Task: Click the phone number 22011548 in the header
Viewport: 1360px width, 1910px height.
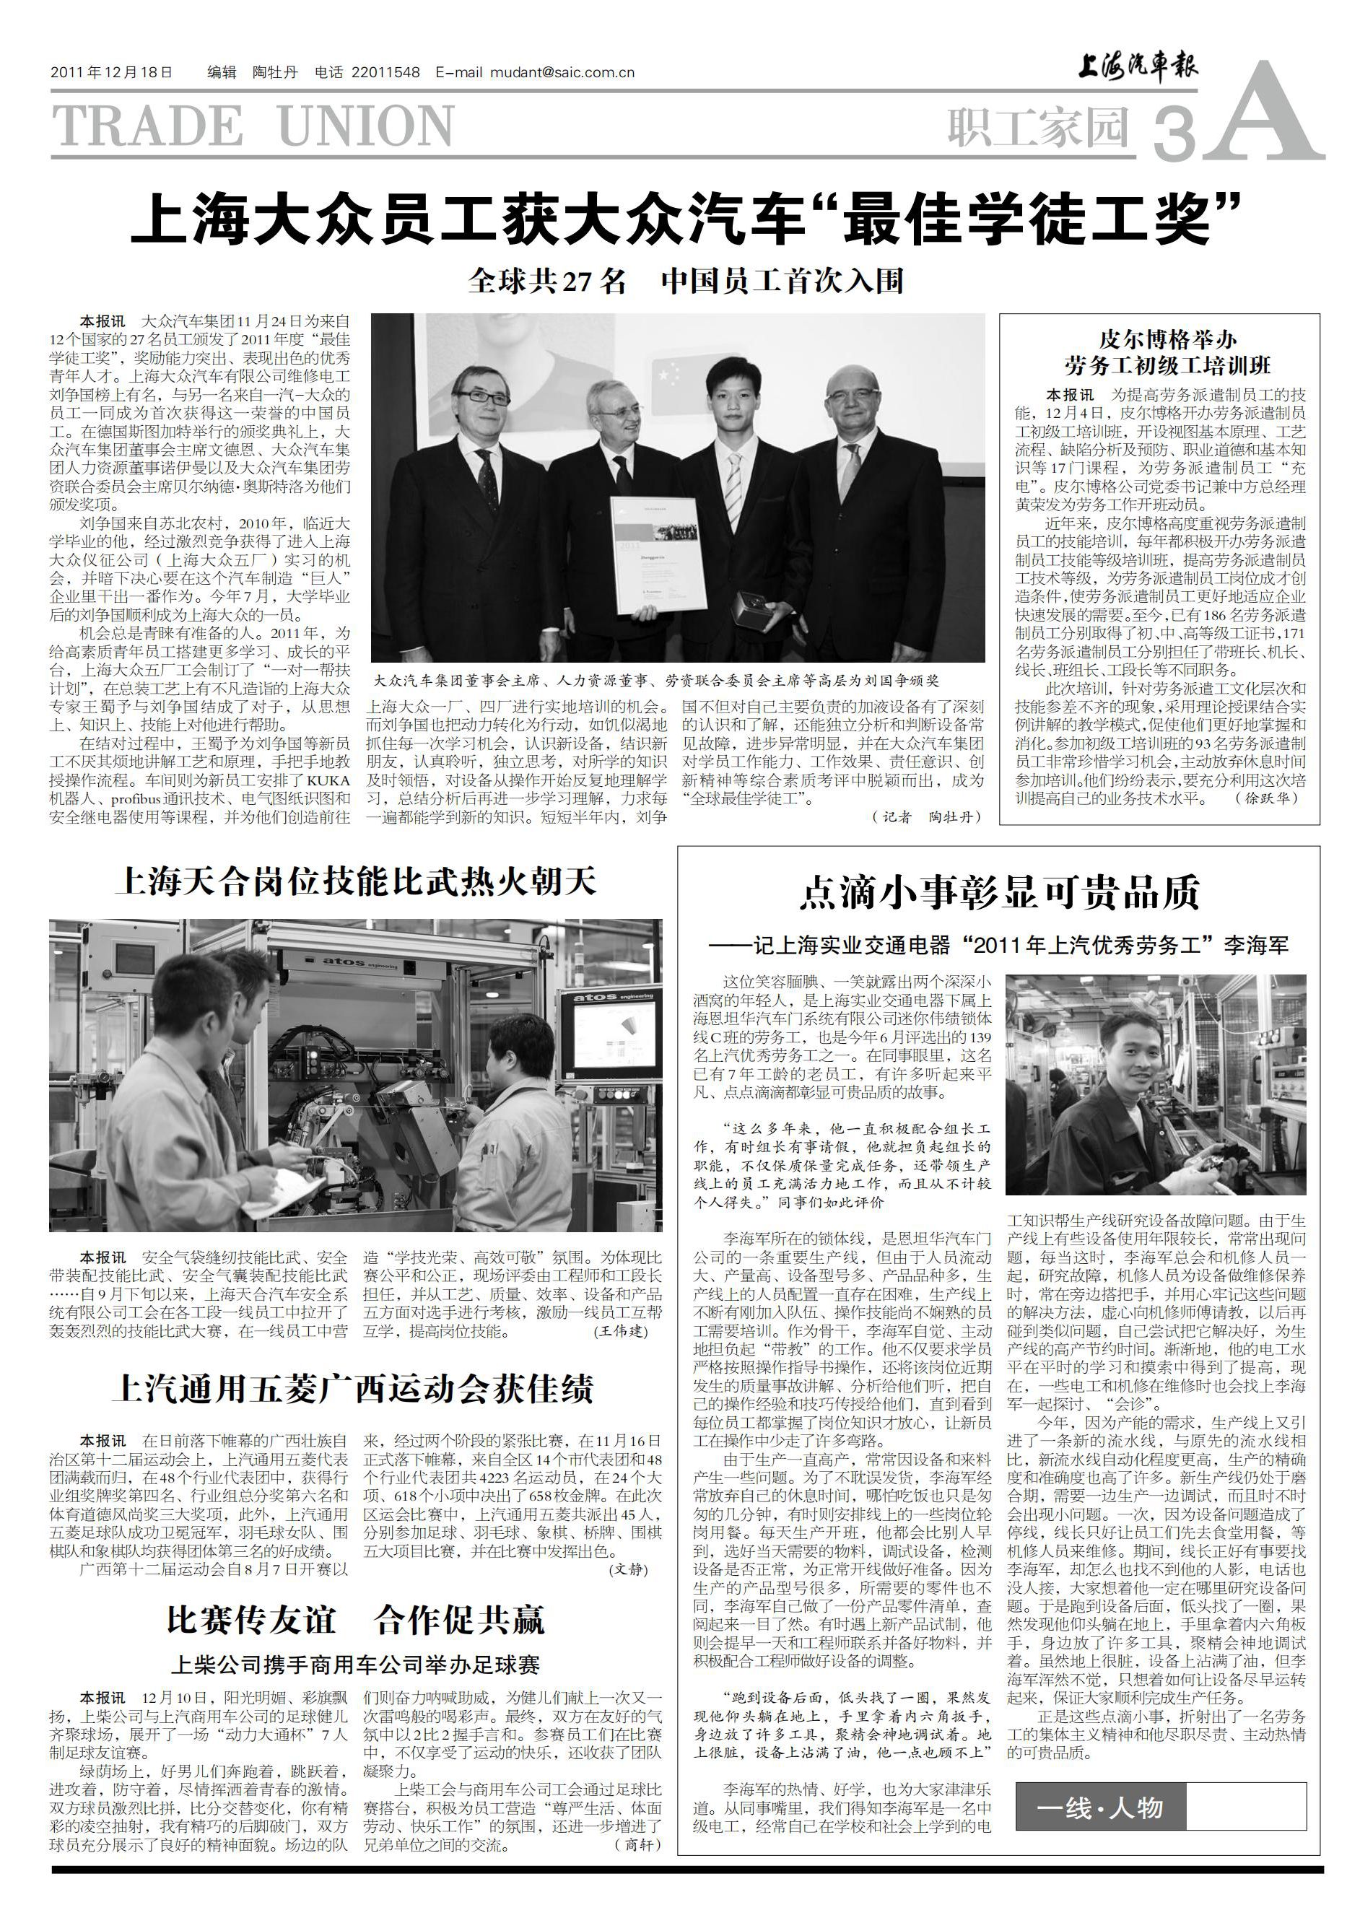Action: click(388, 73)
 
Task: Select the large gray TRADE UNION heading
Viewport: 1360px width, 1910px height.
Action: click(253, 126)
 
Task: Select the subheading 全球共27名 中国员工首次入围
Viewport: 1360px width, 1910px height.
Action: click(686, 282)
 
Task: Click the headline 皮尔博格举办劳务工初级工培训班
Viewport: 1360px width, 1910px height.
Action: click(1159, 352)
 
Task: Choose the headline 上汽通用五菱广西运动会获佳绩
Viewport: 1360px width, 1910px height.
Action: click(352, 1389)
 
